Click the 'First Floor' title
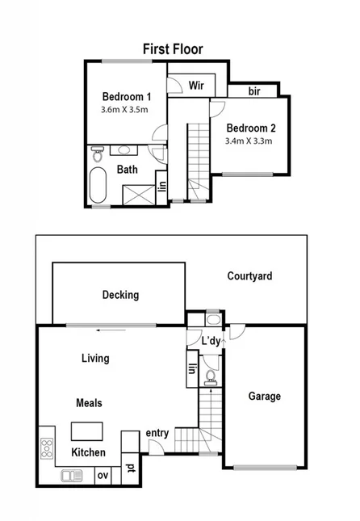173,49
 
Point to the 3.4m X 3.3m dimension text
249,141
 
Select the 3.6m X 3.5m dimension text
125,110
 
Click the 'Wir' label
195,86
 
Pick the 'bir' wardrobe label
255,90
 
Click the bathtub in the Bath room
98,187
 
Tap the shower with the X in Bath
135,194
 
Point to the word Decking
120,295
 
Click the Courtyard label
249,276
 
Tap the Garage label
264,397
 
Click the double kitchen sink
70,476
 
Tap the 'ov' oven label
103,476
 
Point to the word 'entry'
157,434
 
